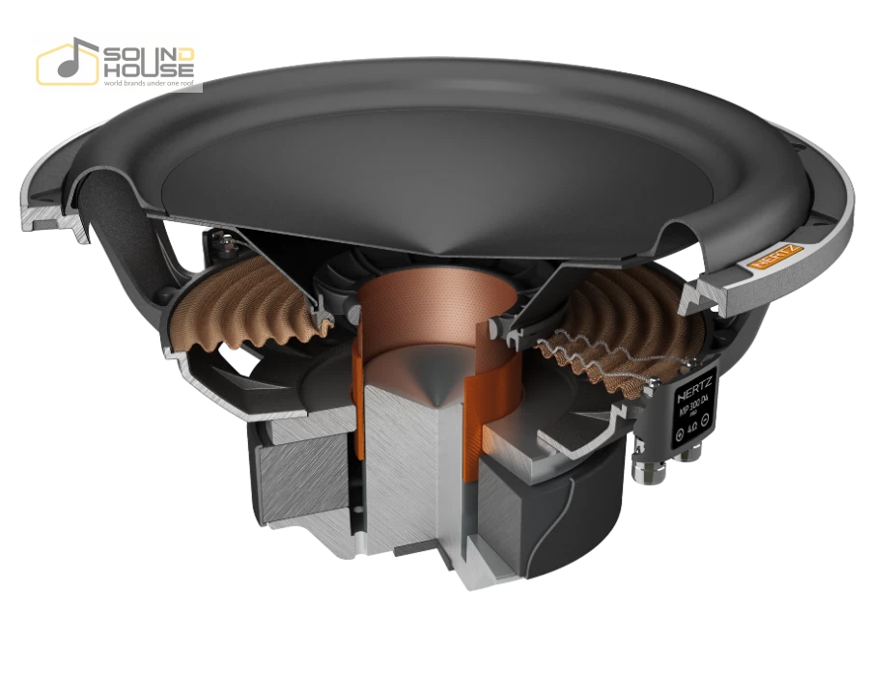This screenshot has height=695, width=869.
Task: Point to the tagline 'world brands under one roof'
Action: coord(147,83)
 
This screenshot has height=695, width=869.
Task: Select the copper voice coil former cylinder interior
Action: coord(425,309)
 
